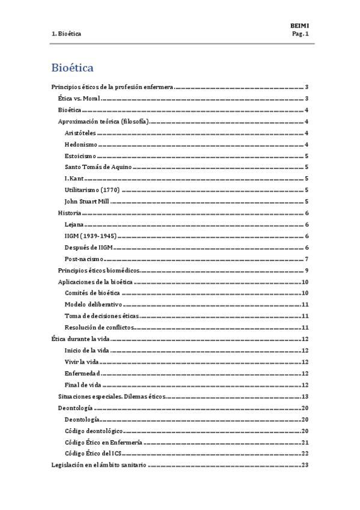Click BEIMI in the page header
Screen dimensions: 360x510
[x=299, y=26]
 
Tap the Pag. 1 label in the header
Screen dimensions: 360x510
[x=299, y=34]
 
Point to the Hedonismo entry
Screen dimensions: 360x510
[x=81, y=144]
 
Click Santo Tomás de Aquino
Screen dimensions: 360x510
[x=98, y=167]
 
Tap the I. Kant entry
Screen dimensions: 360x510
[x=74, y=179]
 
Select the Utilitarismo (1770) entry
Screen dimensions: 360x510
[x=92, y=190]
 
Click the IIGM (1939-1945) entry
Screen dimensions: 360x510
[x=91, y=236]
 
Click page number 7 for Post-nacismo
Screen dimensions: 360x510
[x=307, y=259]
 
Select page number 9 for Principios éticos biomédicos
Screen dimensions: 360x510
[x=307, y=270]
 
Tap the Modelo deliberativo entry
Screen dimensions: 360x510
[x=93, y=304]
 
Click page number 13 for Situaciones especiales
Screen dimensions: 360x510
[x=305, y=396]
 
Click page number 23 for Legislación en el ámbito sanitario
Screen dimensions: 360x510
[x=305, y=465]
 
